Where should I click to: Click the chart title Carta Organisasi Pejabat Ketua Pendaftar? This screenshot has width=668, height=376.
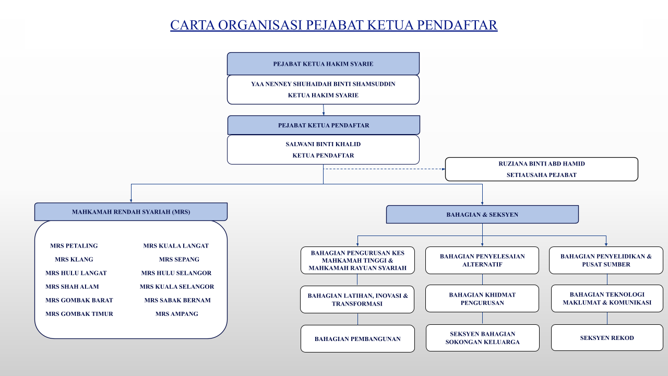pos(333,25)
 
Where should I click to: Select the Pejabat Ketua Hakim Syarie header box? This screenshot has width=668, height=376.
pos(323,64)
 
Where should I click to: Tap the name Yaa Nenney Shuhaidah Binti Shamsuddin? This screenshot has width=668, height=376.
pos(323,84)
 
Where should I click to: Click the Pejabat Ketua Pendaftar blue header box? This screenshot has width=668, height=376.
pos(324,125)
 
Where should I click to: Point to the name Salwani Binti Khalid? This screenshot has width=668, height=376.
pos(323,144)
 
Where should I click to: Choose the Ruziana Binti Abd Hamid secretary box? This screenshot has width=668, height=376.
pos(541,169)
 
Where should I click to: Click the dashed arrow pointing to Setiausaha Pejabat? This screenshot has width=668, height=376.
pos(384,169)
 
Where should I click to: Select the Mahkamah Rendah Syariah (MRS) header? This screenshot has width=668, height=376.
pos(131,212)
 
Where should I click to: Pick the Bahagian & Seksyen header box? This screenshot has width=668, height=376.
pos(482,215)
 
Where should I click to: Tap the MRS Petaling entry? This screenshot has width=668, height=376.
pos(74,246)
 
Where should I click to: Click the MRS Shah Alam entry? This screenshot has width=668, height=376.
pos(72,287)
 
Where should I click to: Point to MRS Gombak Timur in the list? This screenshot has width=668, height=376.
pos(79,314)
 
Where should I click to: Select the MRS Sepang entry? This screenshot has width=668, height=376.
pos(179,260)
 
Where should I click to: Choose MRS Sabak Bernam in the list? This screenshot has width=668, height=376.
pos(177,300)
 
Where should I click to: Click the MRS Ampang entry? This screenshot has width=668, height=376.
pos(177,314)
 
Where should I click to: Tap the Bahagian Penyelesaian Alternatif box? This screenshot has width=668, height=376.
pos(482,260)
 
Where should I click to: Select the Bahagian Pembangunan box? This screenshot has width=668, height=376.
pos(357,339)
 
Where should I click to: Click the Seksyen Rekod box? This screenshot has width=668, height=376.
pos(607,338)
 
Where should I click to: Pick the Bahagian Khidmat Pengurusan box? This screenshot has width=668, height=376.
pos(482,299)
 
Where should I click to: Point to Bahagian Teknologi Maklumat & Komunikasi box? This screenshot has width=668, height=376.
pos(607,298)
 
